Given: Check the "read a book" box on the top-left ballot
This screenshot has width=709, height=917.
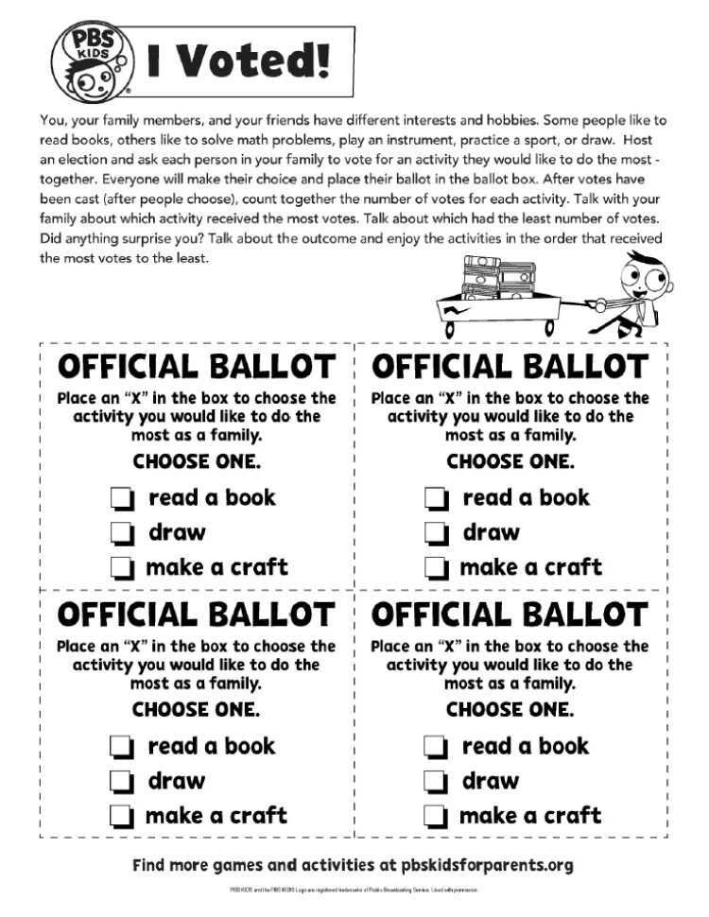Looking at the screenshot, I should (x=122, y=498).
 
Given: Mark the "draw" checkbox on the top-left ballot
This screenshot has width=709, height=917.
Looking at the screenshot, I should (x=122, y=533).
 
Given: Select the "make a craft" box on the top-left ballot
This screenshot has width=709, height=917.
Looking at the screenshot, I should (x=122, y=568).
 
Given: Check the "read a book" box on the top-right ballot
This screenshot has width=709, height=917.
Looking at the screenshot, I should (x=436, y=498).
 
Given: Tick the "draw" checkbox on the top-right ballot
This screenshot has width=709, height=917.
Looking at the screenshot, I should (x=436, y=533).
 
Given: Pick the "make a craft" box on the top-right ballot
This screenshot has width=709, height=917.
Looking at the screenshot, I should (x=436, y=568).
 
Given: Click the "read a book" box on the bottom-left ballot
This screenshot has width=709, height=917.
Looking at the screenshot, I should (x=122, y=747).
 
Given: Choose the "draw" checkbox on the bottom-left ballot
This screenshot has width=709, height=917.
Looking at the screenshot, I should (x=122, y=782).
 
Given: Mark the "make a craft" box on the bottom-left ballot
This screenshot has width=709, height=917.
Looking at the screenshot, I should (x=122, y=816).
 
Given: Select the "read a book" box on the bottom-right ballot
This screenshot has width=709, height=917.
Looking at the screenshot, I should (x=436, y=747).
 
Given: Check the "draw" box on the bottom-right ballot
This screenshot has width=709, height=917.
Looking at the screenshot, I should (x=436, y=782).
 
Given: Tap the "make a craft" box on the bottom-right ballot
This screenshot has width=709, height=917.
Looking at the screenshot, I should (x=436, y=816).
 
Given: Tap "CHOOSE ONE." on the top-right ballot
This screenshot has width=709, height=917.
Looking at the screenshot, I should (x=510, y=462).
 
